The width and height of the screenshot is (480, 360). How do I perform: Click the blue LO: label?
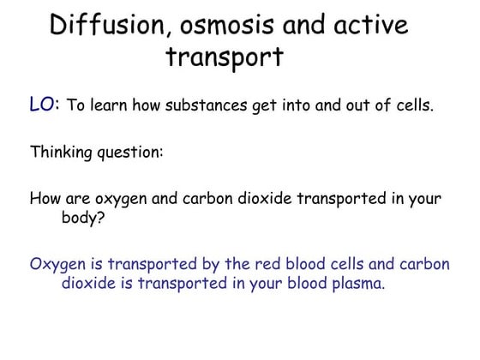[45, 105]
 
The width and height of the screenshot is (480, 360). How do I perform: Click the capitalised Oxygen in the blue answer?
[57, 263]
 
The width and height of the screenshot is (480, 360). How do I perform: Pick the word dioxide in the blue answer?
[91, 282]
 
